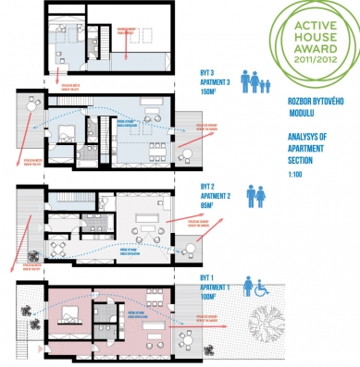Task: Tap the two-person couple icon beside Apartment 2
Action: [254, 197]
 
